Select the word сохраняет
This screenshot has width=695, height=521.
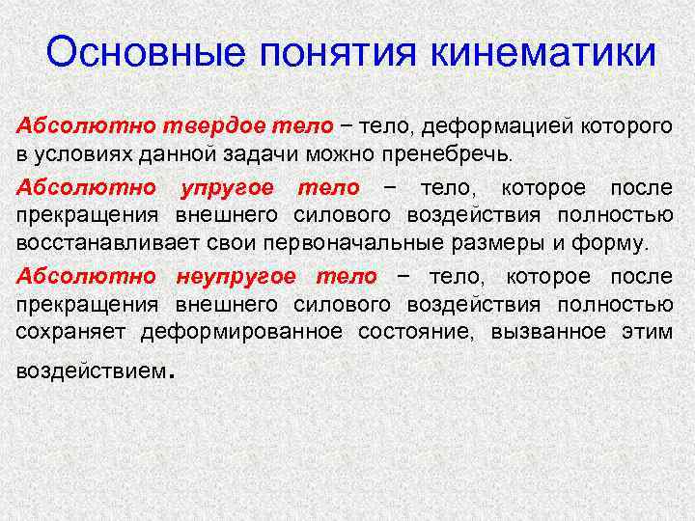pyautogui.click(x=72, y=333)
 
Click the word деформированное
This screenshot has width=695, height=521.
pyautogui.click(x=242, y=333)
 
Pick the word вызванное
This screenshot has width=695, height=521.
pyautogui.click(x=546, y=333)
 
